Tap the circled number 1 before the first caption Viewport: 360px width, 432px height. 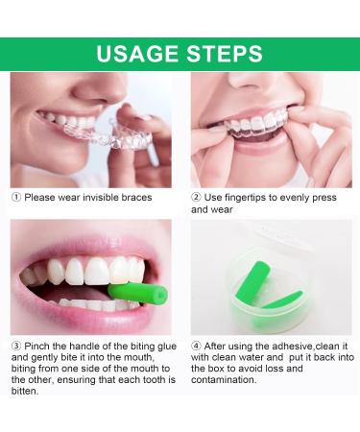15,195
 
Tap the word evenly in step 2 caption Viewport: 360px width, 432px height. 292,195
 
